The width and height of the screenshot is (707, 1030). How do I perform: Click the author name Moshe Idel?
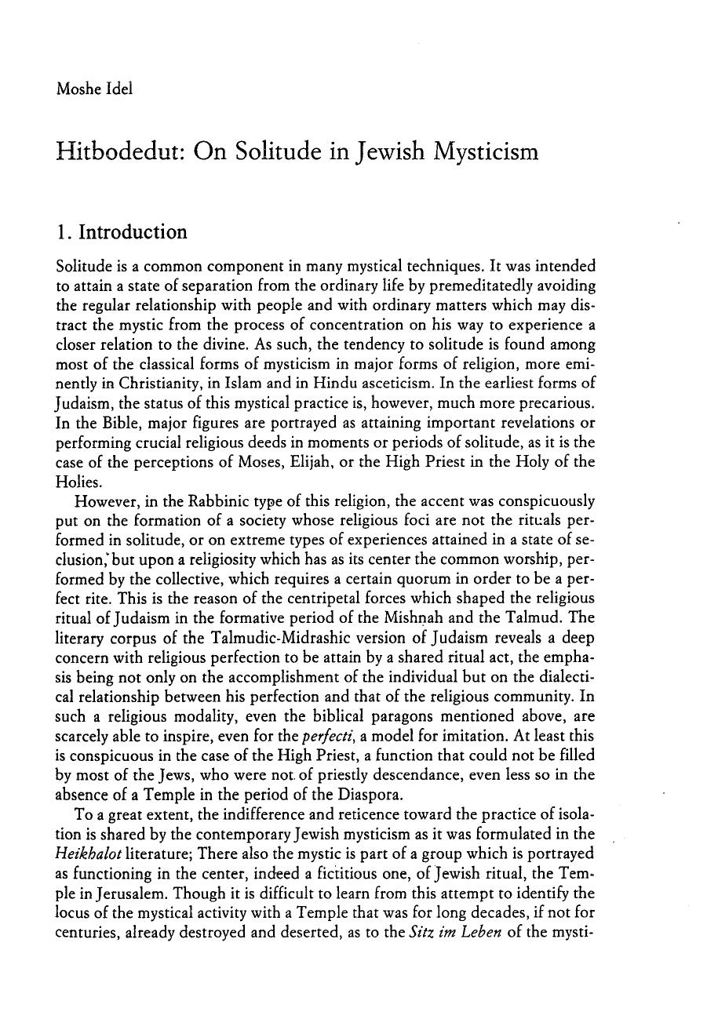click(x=94, y=89)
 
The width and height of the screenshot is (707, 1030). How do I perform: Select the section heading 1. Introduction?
click(x=122, y=232)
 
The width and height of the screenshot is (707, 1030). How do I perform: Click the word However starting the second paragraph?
click(x=104, y=500)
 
